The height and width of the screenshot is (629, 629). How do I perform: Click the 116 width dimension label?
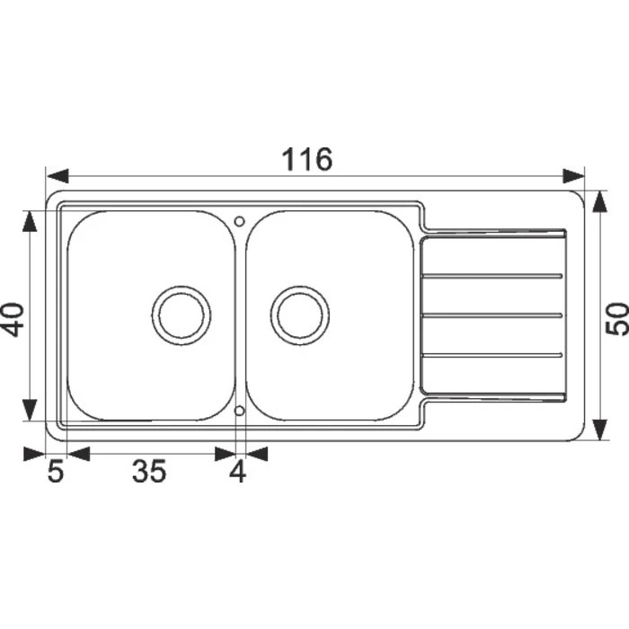[308, 159]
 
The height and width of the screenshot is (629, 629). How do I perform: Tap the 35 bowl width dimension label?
[149, 471]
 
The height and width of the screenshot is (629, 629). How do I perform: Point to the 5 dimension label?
[56, 471]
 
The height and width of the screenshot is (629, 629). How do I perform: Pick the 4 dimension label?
[237, 471]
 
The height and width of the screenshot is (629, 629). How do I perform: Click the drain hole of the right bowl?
[301, 315]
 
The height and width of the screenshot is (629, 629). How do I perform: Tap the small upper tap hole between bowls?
[240, 219]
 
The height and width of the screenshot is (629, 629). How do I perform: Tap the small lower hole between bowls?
[240, 411]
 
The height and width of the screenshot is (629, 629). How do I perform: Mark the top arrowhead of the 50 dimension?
[599, 199]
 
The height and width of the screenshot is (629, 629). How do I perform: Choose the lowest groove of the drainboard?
[492, 356]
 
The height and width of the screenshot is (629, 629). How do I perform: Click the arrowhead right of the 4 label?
[258, 454]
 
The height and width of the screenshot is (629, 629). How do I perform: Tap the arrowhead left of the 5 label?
[34, 454]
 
